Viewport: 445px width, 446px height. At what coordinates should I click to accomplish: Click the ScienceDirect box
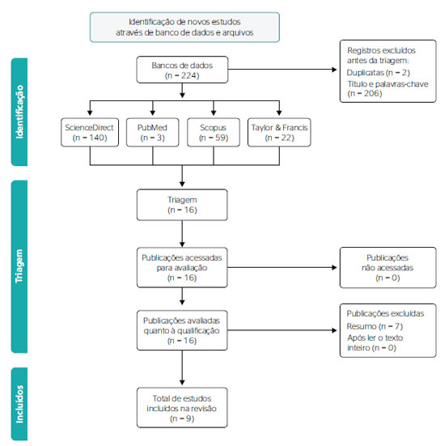[90, 132]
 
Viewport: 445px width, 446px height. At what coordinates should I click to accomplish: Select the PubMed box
[153, 132]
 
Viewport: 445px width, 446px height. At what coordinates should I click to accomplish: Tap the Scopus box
[214, 132]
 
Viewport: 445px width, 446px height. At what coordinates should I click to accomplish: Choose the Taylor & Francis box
[279, 132]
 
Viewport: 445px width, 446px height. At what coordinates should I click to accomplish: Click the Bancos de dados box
[182, 70]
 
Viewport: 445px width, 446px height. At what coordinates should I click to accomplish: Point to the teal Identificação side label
[19, 112]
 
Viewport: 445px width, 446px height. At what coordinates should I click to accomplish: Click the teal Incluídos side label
[19, 404]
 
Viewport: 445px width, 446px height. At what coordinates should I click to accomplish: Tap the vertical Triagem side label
[19, 266]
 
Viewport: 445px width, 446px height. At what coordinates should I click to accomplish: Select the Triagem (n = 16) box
[182, 205]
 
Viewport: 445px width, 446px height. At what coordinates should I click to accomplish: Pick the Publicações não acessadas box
[388, 268]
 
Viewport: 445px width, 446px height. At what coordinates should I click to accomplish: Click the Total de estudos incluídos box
[182, 408]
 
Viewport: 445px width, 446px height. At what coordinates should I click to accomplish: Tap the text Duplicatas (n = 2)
[378, 73]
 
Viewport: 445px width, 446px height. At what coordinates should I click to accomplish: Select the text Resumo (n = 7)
[375, 326]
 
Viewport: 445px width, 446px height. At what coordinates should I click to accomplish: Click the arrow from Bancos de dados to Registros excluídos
[282, 69]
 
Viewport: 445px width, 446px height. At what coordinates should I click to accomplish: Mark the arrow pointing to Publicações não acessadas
[282, 267]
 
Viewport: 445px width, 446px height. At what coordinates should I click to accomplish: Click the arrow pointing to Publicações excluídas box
[282, 330]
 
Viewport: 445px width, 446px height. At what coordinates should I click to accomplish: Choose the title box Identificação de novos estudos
[184, 28]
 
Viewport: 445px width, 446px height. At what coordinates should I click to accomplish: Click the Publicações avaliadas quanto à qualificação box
[182, 330]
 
